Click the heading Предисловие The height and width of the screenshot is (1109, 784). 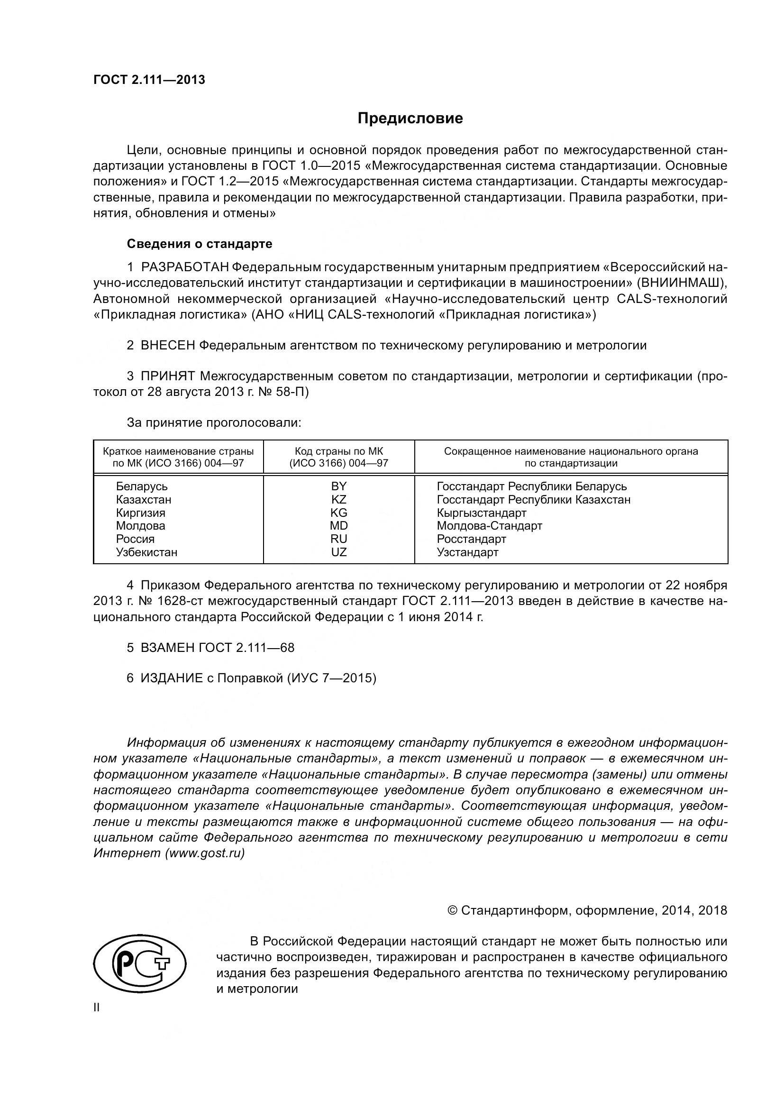(410, 119)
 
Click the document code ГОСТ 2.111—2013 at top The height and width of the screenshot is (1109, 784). (149, 80)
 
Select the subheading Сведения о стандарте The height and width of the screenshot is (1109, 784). (200, 244)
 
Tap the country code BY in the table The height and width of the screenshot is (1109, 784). (339, 486)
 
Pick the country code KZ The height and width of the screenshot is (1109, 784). (339, 499)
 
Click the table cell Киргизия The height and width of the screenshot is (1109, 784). (140, 513)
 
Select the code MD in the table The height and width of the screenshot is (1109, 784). (339, 525)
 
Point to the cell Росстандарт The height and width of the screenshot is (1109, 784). (472, 539)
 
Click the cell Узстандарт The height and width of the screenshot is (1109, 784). (468, 552)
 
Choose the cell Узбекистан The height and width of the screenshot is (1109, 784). (147, 552)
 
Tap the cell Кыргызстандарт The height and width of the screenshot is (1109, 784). (482, 513)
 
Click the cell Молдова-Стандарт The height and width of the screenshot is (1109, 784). (490, 525)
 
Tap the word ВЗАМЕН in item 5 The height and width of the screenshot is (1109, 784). (167, 648)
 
